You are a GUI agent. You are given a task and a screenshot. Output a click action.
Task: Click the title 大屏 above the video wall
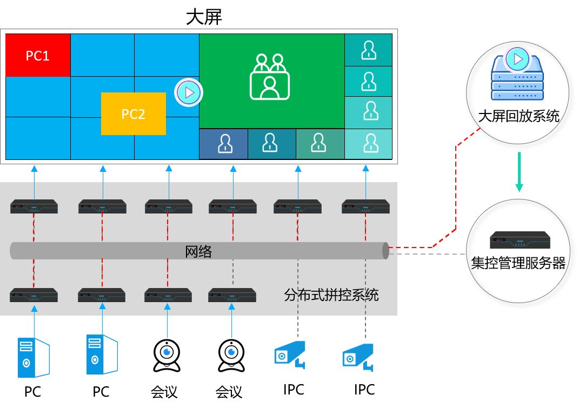(204, 16)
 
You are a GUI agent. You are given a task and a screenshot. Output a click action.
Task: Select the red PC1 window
(38, 55)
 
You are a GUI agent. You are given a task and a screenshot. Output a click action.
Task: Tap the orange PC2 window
(133, 114)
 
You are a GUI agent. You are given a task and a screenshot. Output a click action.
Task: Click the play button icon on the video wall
(189, 92)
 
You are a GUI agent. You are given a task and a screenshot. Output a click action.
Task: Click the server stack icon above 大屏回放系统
(516, 76)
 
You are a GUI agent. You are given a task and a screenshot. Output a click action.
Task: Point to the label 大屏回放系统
(518, 116)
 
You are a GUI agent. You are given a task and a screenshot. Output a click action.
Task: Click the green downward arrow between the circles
(519, 172)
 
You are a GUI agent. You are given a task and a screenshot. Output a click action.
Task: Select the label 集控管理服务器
(518, 263)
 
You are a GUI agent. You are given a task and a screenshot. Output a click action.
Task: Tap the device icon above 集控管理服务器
(520, 239)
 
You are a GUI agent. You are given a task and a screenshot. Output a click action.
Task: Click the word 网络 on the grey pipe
(198, 252)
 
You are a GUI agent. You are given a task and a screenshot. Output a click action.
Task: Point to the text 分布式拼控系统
(331, 295)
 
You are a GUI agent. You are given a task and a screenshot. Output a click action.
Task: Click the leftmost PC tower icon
(33, 357)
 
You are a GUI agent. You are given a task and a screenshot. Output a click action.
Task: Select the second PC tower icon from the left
(101, 355)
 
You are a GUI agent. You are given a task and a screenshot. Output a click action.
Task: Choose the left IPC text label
(294, 390)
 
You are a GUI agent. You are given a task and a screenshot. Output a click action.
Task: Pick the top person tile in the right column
(369, 50)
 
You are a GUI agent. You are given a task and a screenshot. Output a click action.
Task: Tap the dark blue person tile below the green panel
(223, 144)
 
